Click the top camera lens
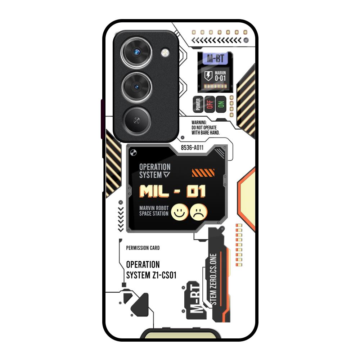pos(136,53)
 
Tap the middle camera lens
pos(136,87)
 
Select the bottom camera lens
pos(136,120)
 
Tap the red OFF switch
pos(210,104)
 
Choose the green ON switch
pos(221,104)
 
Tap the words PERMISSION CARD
pos(143,248)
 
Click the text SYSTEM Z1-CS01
pos(151,276)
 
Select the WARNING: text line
pos(201,122)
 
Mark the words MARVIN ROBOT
pos(154,208)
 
